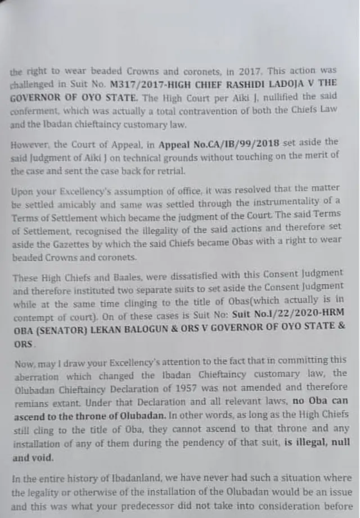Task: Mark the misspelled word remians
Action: click(28, 401)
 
